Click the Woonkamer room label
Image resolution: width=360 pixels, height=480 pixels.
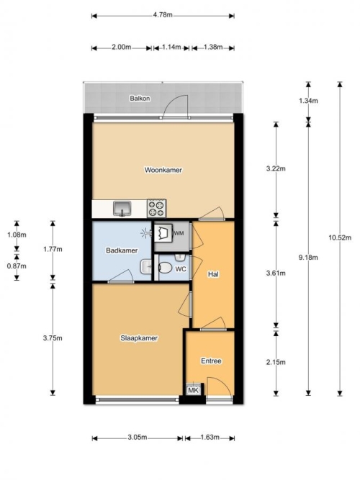tap(163, 170)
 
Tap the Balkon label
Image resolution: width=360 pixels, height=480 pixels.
tap(140, 99)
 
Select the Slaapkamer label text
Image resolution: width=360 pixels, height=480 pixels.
tap(139, 338)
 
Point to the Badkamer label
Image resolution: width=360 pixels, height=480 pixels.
tap(122, 250)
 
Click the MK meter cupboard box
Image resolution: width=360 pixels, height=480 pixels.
tap(194, 390)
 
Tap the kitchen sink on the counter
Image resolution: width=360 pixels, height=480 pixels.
tap(122, 208)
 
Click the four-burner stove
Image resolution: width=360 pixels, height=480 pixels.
tap(156, 208)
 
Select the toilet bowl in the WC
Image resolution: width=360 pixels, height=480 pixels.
tap(165, 268)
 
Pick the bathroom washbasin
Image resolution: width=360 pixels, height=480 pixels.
tap(146, 267)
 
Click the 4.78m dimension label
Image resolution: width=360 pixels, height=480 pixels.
tap(163, 14)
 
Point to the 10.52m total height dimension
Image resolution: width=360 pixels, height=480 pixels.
tap(340, 237)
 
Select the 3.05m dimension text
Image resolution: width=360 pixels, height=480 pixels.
tap(138, 437)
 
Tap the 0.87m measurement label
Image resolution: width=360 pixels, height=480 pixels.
tap(17, 266)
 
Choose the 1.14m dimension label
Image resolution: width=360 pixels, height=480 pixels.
tap(171, 47)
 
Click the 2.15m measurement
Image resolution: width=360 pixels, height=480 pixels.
tap(276, 362)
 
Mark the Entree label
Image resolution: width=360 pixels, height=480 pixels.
tap(211, 361)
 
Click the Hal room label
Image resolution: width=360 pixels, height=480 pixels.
tap(213, 274)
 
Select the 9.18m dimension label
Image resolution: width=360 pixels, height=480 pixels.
tap(308, 258)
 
